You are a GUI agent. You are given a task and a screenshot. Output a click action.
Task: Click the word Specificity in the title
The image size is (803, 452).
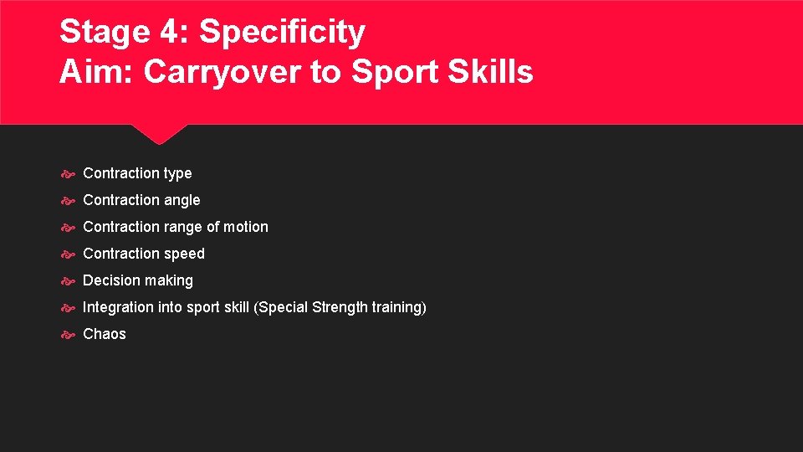[x=282, y=33]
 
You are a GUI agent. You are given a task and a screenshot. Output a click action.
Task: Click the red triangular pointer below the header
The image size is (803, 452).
[x=159, y=133]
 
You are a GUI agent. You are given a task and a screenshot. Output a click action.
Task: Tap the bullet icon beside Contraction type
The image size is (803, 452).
[x=69, y=174]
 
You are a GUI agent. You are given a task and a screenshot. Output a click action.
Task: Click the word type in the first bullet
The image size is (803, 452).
[x=177, y=174]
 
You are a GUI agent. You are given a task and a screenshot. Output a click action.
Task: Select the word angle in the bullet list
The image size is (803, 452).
[x=182, y=201]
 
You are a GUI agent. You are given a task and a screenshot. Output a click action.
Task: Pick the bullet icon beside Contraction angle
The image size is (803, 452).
[x=69, y=201]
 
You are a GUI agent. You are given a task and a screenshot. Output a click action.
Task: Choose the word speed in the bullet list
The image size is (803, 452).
[x=185, y=254]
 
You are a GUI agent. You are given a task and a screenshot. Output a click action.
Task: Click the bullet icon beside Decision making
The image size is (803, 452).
[x=69, y=281]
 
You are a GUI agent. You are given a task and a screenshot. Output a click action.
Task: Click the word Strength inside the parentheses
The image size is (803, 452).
[x=339, y=307]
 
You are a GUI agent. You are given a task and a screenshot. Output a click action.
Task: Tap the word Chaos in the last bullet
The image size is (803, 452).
[x=105, y=334]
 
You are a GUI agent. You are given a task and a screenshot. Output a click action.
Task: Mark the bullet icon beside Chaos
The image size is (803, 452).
[x=69, y=335]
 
